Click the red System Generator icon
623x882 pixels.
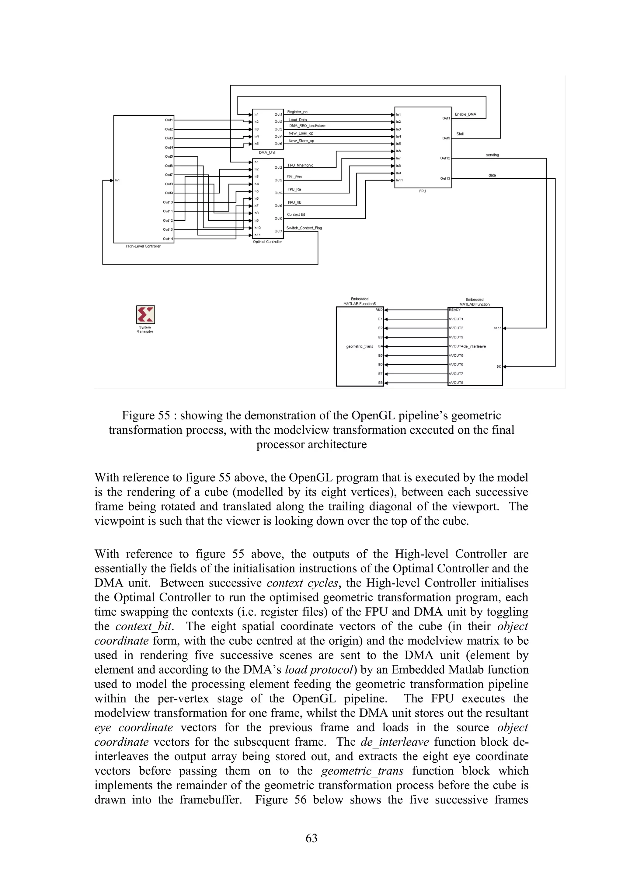pyautogui.click(x=145, y=315)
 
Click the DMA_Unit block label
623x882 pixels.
pyautogui.click(x=267, y=152)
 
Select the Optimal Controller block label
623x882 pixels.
pyautogui.click(x=267, y=242)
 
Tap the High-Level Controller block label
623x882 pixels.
pyautogui.click(x=143, y=246)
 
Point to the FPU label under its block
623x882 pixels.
pyautogui.click(x=422, y=191)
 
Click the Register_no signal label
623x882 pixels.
pyautogui.click(x=297, y=112)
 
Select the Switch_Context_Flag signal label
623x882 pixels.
pyautogui.click(x=304, y=228)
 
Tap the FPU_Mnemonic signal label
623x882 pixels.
pyautogui.click(x=300, y=165)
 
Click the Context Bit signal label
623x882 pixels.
pyautogui.click(x=296, y=214)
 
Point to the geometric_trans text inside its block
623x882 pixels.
pyautogui.click(x=359, y=346)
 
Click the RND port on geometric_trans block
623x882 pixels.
pyautogui.click(x=379, y=310)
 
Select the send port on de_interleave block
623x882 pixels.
pyautogui.click(x=497, y=328)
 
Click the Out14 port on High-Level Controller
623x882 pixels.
pyautogui.click(x=168, y=239)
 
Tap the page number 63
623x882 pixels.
pyautogui.click(x=311, y=838)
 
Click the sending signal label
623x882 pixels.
pyautogui.click(x=492, y=155)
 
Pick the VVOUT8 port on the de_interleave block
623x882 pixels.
pyautogui.click(x=456, y=383)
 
